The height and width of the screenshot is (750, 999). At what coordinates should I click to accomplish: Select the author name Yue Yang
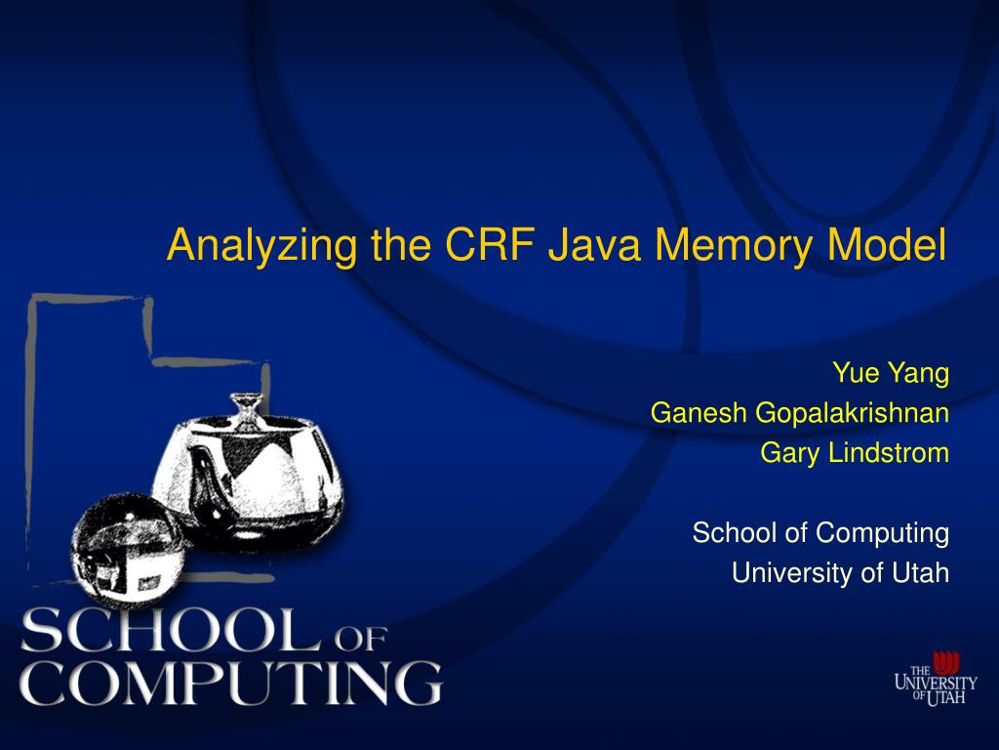(890, 373)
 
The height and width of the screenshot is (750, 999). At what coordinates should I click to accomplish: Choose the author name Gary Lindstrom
(855, 453)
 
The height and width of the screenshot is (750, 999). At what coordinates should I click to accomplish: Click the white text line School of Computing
(820, 533)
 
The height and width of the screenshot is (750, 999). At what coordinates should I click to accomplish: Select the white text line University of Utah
(840, 573)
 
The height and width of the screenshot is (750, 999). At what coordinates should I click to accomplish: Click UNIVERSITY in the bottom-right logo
(936, 684)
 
